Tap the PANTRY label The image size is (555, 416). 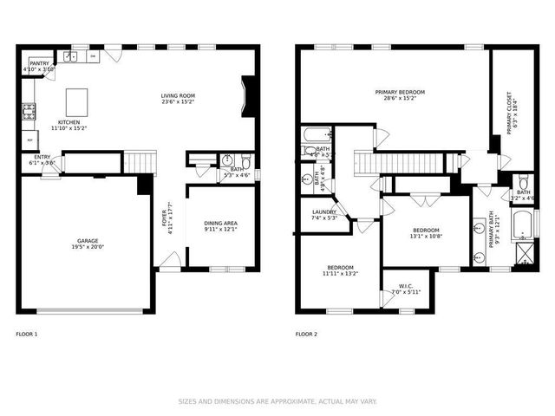click(x=40, y=63)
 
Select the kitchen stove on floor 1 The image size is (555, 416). click(x=28, y=110)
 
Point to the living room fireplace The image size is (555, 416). click(x=250, y=96)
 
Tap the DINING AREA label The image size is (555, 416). click(x=221, y=224)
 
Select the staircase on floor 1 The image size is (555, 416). click(x=139, y=161)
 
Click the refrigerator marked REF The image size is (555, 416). click(x=29, y=140)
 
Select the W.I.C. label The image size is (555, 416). click(x=406, y=286)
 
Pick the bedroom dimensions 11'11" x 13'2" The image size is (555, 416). click(x=339, y=274)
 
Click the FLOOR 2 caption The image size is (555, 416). click(x=307, y=334)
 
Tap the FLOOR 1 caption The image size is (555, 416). click(x=27, y=334)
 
